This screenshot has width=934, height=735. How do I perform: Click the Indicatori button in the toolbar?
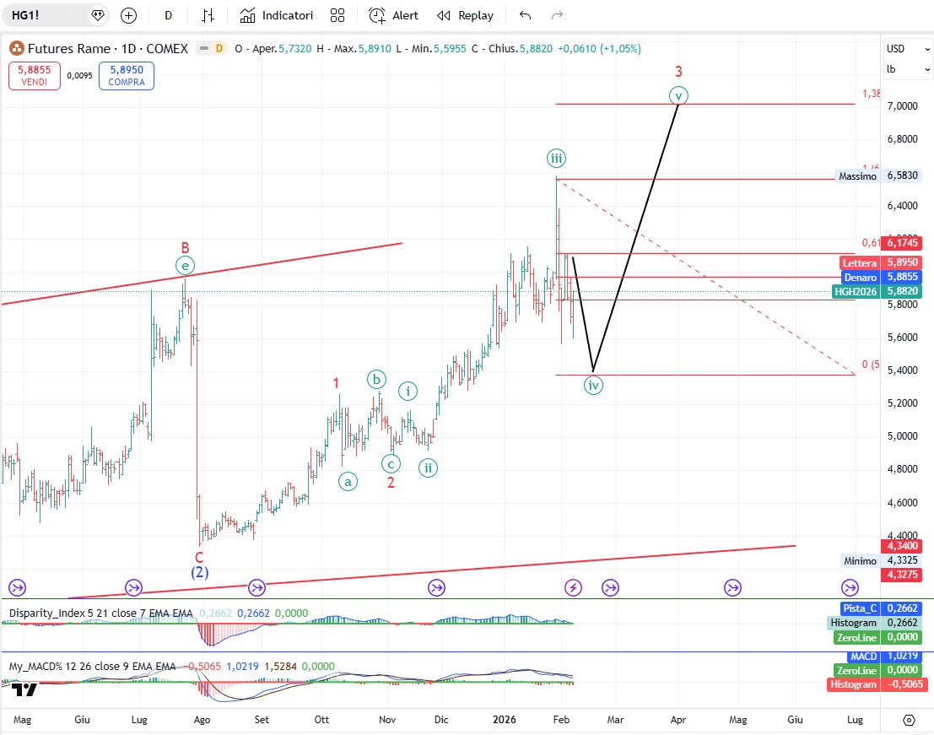(x=276, y=15)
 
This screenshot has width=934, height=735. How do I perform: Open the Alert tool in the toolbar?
(x=394, y=15)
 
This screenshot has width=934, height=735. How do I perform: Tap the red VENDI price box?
(x=35, y=76)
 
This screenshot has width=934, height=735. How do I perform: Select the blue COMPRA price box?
(x=126, y=76)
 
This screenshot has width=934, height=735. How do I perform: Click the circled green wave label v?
(x=678, y=95)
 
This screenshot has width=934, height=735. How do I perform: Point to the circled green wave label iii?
(x=556, y=158)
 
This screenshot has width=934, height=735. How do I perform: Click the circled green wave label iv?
(x=594, y=386)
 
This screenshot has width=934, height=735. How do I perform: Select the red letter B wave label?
(x=185, y=248)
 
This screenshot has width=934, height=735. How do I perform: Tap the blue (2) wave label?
(x=199, y=572)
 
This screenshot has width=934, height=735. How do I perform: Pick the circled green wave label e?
(x=185, y=266)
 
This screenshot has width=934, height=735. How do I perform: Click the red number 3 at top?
(x=678, y=72)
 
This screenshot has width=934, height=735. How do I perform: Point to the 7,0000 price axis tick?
(x=902, y=106)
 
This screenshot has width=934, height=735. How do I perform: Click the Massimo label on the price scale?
(x=857, y=176)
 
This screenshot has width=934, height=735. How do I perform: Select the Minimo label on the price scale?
(x=860, y=560)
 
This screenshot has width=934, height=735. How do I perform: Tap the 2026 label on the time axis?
(x=505, y=720)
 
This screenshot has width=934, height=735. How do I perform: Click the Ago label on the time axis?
(x=202, y=720)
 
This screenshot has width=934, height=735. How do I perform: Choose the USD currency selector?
(x=896, y=49)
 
